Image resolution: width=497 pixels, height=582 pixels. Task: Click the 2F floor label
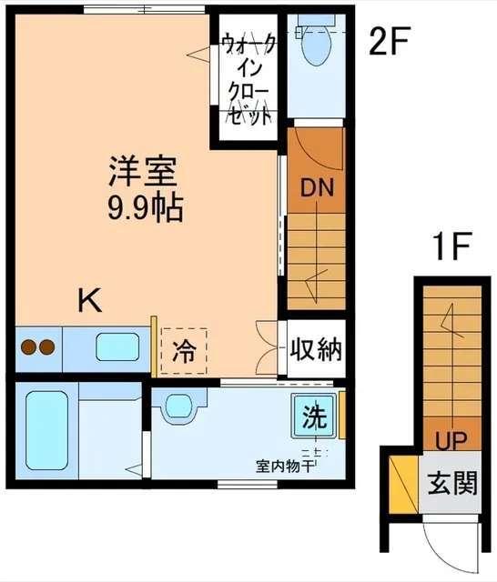point(390,42)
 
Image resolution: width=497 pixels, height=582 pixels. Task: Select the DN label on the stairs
point(317,188)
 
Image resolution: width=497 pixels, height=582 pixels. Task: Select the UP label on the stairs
point(451,442)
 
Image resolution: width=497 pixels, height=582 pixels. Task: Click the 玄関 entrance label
point(452,483)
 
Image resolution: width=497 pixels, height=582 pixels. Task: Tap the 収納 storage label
point(317,348)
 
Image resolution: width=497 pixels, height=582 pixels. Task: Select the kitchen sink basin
point(117,347)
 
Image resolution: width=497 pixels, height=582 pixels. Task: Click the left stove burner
point(28,347)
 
